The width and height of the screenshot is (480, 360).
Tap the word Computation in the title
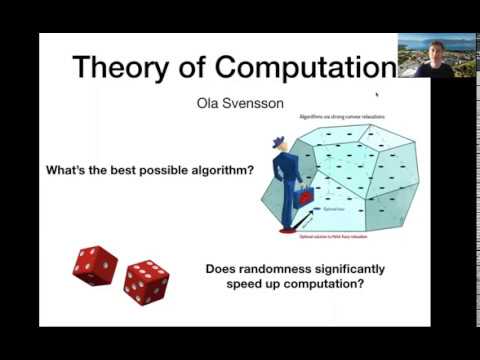point(306,68)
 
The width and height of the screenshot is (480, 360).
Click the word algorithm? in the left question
point(218,170)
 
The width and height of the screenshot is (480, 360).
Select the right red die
point(146,281)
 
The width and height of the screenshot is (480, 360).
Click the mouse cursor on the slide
point(377,95)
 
